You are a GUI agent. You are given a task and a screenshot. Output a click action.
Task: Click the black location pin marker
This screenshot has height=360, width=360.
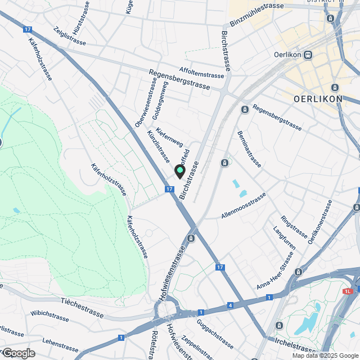click(x=180, y=171)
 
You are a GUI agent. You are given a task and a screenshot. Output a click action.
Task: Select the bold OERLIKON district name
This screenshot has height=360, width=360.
click(x=318, y=99)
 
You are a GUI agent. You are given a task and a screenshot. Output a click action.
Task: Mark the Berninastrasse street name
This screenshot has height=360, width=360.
click(x=249, y=148)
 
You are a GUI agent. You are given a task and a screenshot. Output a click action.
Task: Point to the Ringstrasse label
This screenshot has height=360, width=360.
click(x=294, y=225)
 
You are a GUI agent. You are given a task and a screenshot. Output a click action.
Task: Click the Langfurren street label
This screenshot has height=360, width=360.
click(x=283, y=240)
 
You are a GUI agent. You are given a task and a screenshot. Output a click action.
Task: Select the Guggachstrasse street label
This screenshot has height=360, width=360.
click(x=215, y=334)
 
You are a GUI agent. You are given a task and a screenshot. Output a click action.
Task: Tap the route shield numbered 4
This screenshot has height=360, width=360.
click(x=230, y=305)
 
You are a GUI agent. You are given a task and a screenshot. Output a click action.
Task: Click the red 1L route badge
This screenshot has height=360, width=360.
click(x=348, y=291)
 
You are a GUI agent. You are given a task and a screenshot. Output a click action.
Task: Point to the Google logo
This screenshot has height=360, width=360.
click(x=18, y=353)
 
